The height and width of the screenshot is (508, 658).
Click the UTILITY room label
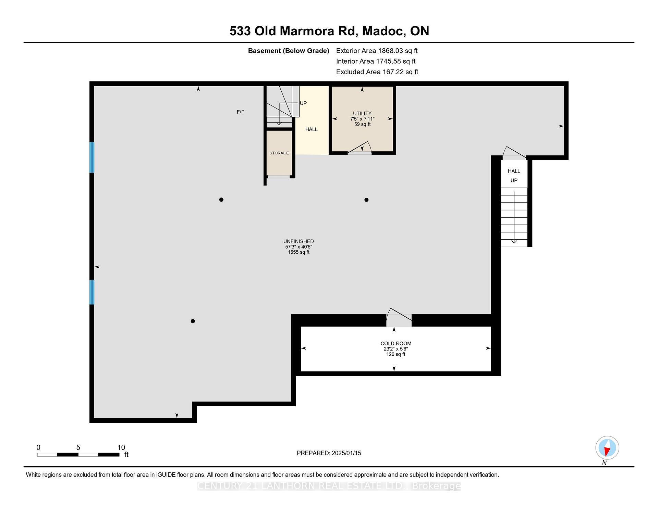(x=362, y=113)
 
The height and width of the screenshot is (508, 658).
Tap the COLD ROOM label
(x=396, y=343)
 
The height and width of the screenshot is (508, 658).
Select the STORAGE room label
(x=279, y=153)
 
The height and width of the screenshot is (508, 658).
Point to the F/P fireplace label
(x=241, y=112)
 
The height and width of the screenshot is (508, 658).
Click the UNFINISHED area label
(x=298, y=241)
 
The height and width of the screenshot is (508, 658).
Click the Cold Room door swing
(x=399, y=317)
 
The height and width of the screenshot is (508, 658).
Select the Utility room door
(x=360, y=149)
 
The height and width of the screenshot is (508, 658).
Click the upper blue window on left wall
(x=92, y=157)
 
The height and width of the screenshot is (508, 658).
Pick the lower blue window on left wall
(x=92, y=292)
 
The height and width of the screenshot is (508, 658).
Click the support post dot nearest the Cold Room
(x=366, y=200)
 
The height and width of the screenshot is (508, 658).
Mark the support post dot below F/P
(x=221, y=200)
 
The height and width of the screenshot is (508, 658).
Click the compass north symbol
(x=607, y=448)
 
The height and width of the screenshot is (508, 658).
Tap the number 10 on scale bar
(x=121, y=447)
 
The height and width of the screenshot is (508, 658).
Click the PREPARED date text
(x=329, y=453)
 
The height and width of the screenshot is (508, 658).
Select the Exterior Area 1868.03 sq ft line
(x=377, y=51)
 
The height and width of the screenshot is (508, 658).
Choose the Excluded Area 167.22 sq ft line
(x=377, y=72)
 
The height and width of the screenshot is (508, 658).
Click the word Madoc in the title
(x=384, y=31)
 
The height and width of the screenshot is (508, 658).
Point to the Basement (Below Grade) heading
(x=289, y=51)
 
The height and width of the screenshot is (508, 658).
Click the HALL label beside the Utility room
(x=312, y=129)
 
